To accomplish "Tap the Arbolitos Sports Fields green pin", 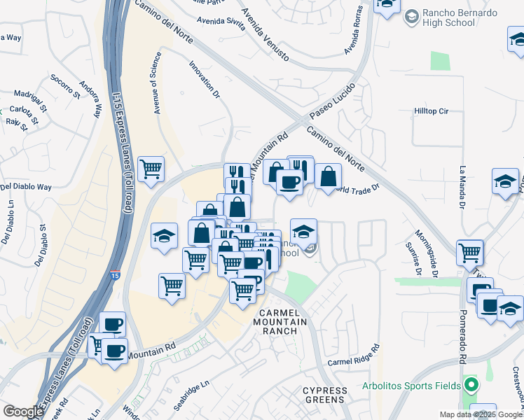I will coord(471,384).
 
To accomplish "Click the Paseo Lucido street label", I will coord(329,102).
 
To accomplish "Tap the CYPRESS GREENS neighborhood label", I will coord(324,395).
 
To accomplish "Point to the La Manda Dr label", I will coord(462,188).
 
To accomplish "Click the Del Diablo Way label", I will coord(27,188).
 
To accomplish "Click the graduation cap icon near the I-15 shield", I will coord(164,236).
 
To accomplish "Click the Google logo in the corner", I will coord(22,412).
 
